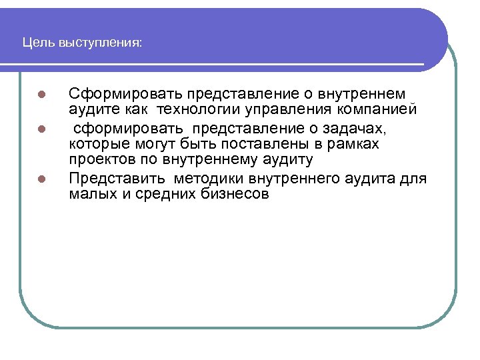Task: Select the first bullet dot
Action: (x=41, y=95)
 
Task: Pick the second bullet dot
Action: (x=41, y=127)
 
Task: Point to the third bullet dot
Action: (x=41, y=179)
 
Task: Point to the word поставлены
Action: (x=251, y=144)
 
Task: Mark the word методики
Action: (x=209, y=179)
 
